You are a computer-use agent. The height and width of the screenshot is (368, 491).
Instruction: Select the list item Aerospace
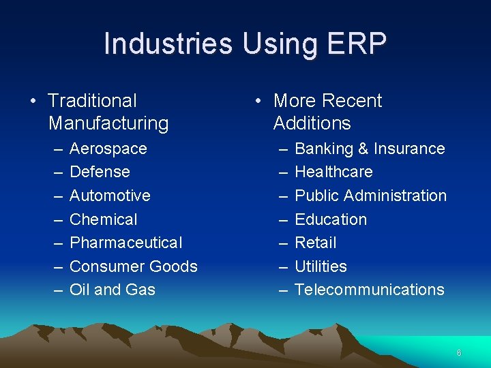pos(108,149)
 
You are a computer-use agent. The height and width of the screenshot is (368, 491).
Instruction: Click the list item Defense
pos(100,172)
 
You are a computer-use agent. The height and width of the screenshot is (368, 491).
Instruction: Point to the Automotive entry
pos(110,196)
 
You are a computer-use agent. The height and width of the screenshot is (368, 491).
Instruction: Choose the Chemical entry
pos(104,219)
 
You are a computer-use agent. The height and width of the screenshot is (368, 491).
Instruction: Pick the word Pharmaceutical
pos(126,243)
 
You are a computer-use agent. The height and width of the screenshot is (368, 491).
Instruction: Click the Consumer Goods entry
pos(134,266)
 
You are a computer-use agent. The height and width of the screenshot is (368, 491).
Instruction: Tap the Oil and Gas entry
pos(113,290)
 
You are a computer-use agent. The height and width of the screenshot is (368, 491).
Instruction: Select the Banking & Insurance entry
pos(370,149)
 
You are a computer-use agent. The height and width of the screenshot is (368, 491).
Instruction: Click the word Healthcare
pos(333,172)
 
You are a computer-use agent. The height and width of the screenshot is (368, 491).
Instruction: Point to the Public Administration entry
pos(370,196)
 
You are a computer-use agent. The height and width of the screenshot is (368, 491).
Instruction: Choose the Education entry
pos(331,219)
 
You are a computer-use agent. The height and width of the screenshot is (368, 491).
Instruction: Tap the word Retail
pos(316,243)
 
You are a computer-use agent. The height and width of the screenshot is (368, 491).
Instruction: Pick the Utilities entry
pos(321,266)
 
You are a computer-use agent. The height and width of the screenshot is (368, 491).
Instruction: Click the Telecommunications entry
pos(369,290)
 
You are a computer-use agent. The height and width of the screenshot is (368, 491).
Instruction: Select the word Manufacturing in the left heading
pos(108,123)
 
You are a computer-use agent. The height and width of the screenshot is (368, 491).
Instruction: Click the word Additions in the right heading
pos(312,123)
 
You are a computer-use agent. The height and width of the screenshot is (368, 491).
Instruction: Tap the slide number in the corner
pos(459,353)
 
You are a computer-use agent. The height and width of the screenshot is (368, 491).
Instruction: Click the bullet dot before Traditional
pos(33,102)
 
